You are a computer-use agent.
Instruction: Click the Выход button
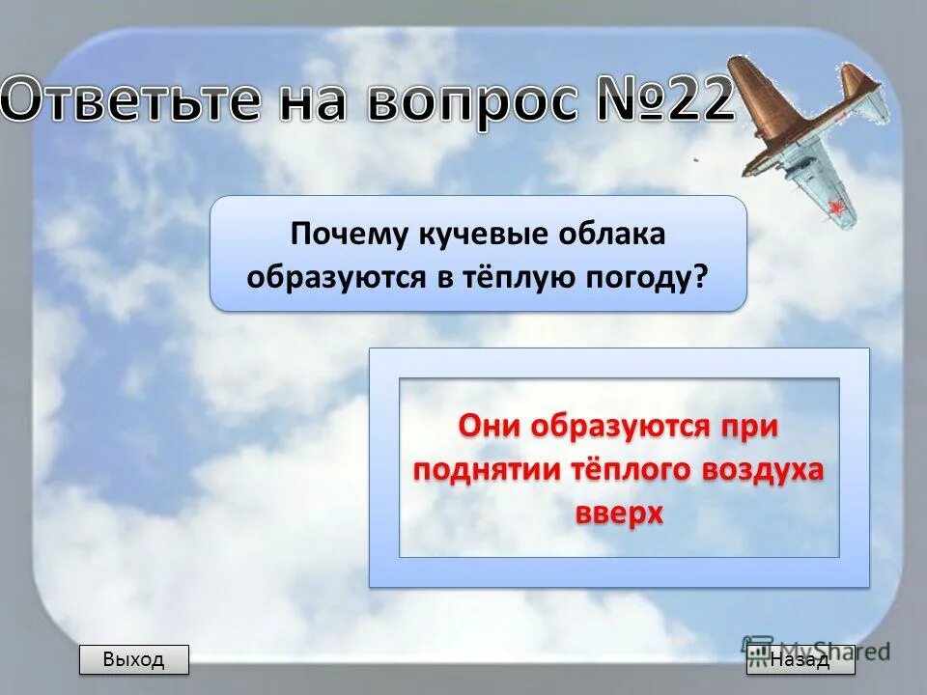(x=133, y=660)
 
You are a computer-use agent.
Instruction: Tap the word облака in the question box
(x=612, y=235)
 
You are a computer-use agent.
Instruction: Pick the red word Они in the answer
(x=490, y=426)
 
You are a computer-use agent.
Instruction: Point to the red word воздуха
(x=769, y=469)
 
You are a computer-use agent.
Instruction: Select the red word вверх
(x=619, y=513)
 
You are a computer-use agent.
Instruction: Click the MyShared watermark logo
(x=816, y=650)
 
